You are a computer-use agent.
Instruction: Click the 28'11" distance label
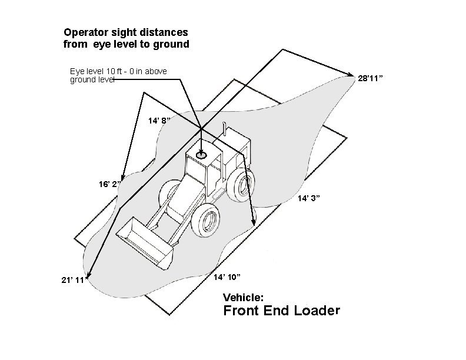(x=371, y=78)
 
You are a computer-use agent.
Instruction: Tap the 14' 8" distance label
(x=159, y=121)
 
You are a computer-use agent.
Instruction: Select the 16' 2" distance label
(x=109, y=184)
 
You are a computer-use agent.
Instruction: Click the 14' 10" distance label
(x=227, y=277)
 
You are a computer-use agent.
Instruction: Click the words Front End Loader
(x=281, y=311)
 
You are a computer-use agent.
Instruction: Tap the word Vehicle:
(x=247, y=298)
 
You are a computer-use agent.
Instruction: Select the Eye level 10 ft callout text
(x=118, y=75)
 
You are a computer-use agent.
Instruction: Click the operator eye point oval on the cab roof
(x=201, y=156)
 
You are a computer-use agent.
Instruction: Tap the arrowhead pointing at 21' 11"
(x=89, y=274)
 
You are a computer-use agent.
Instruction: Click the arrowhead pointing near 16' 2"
(x=122, y=177)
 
